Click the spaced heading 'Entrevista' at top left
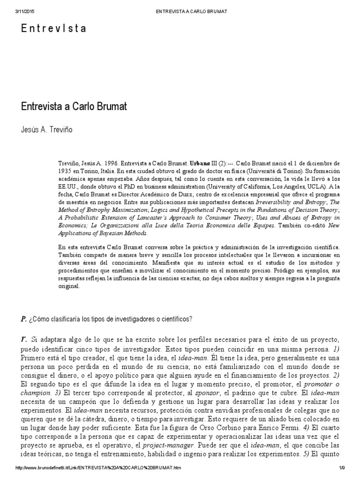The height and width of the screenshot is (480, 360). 54,29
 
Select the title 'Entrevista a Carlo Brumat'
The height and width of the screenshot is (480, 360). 75,106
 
